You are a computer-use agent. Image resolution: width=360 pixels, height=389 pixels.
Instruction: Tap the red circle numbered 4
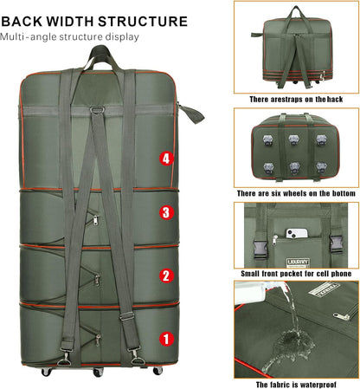(x=166, y=159)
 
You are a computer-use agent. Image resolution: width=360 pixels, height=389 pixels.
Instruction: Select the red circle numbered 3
(x=166, y=212)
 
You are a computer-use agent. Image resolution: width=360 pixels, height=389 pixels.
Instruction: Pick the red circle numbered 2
(x=166, y=276)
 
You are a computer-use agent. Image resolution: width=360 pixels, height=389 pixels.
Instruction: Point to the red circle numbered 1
(x=166, y=340)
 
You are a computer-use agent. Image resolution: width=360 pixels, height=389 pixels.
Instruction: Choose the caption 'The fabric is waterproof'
(x=295, y=384)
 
